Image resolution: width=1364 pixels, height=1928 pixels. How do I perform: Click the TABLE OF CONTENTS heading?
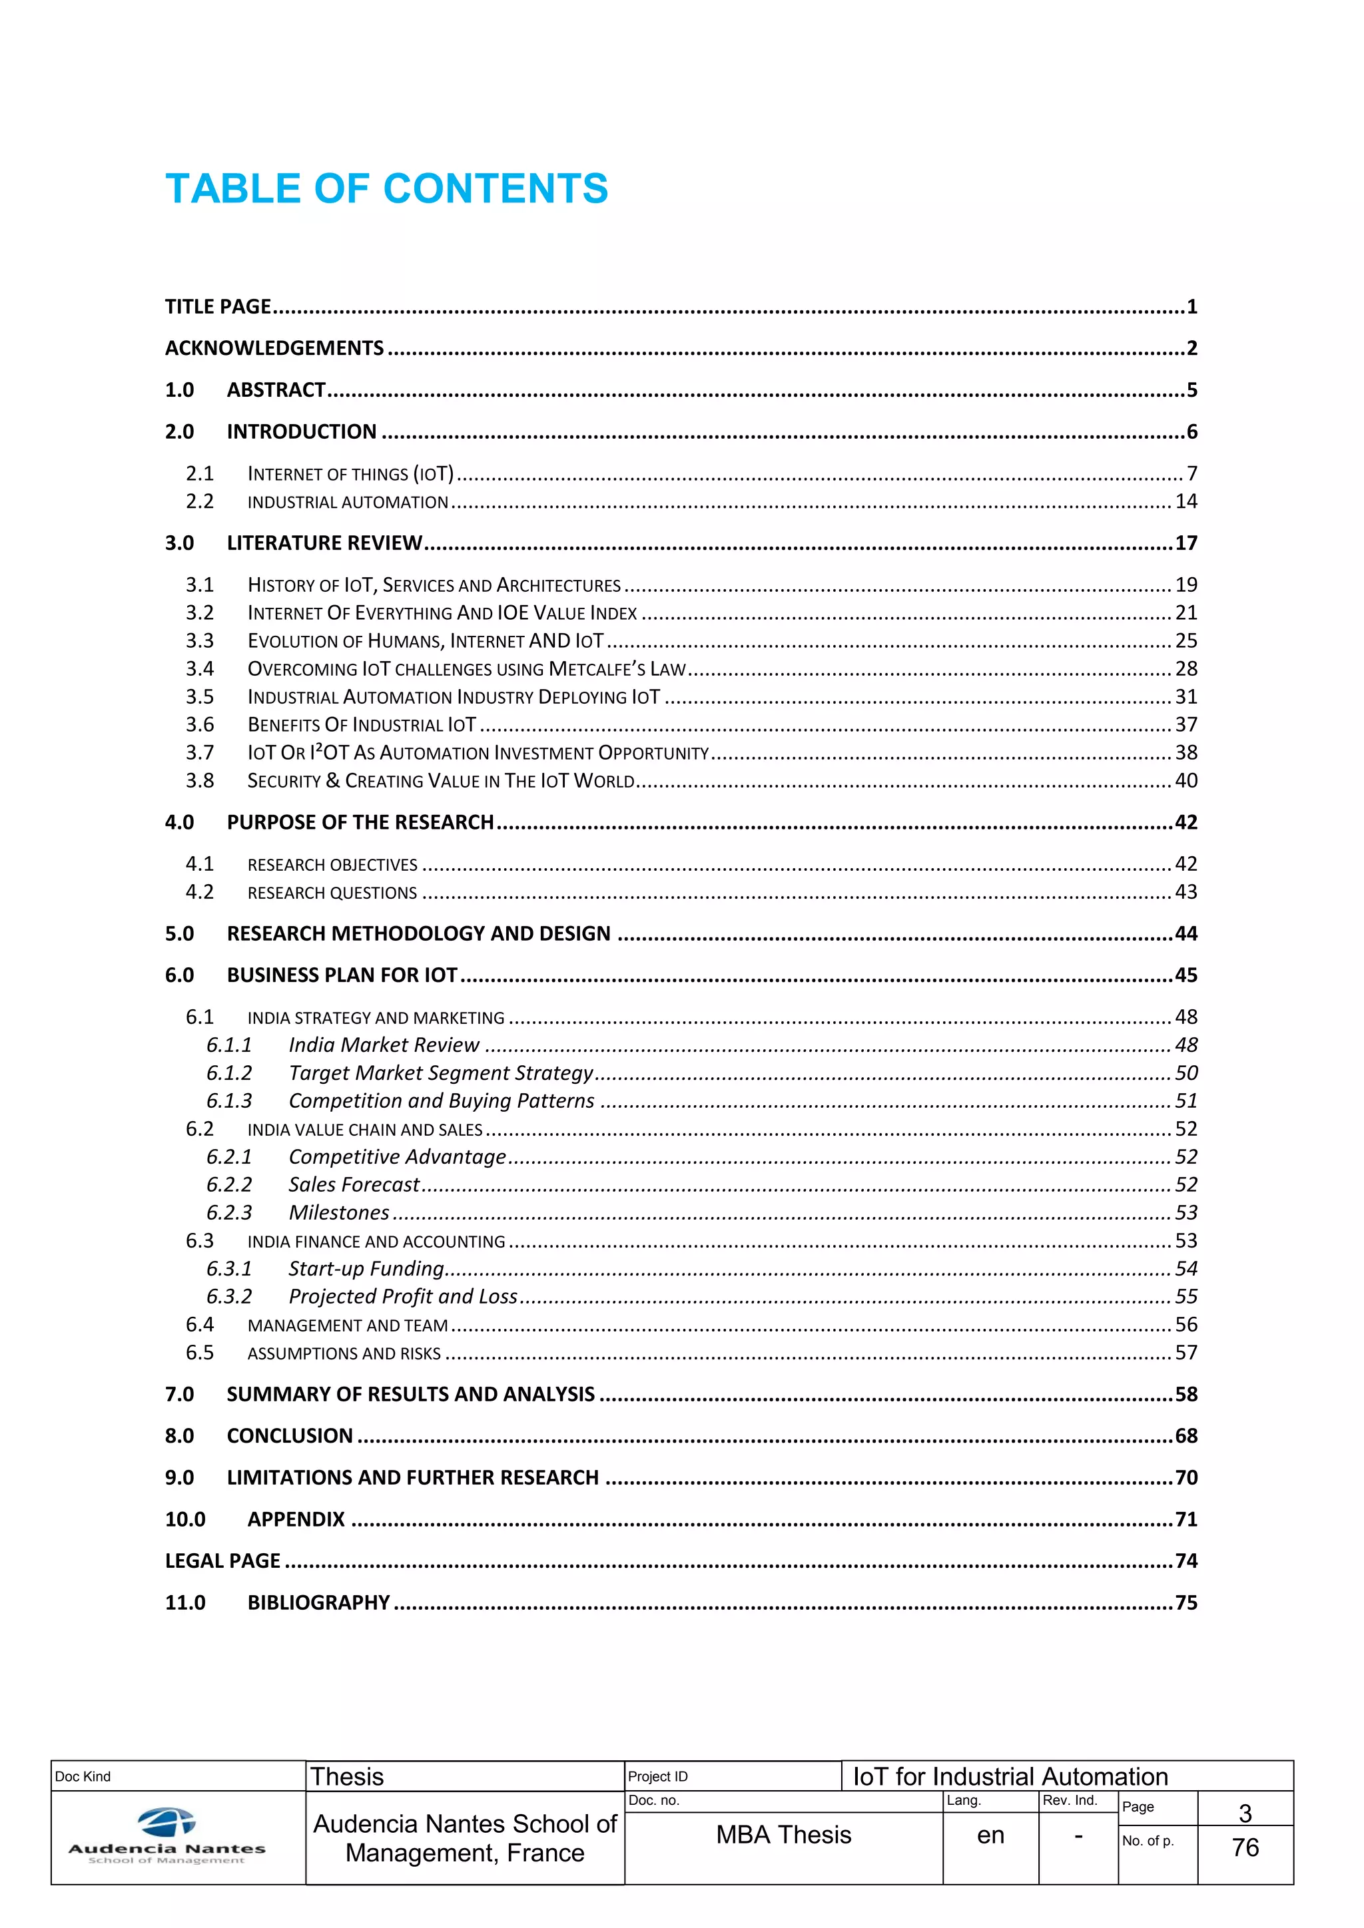386,189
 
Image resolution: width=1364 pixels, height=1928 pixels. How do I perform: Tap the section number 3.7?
200,753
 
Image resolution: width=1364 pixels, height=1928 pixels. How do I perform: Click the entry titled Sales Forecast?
354,1185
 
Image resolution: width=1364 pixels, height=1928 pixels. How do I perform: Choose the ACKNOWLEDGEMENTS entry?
274,348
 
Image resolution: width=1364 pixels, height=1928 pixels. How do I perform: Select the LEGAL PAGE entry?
222,1561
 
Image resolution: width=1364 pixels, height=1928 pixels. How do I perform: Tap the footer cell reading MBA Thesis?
783,1835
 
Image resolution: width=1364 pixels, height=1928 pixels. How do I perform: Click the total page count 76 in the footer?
1245,1847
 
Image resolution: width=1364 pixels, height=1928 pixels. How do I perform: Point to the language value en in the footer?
990,1835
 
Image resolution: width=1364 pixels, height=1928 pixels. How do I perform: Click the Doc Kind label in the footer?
83,1777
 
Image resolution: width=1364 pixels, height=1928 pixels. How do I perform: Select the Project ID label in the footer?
657,1777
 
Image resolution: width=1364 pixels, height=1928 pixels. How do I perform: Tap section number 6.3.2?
229,1296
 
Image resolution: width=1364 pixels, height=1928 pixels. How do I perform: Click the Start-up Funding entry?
366,1269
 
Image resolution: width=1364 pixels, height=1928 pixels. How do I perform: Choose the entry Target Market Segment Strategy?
441,1073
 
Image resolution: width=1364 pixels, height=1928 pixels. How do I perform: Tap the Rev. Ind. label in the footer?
1069,1800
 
